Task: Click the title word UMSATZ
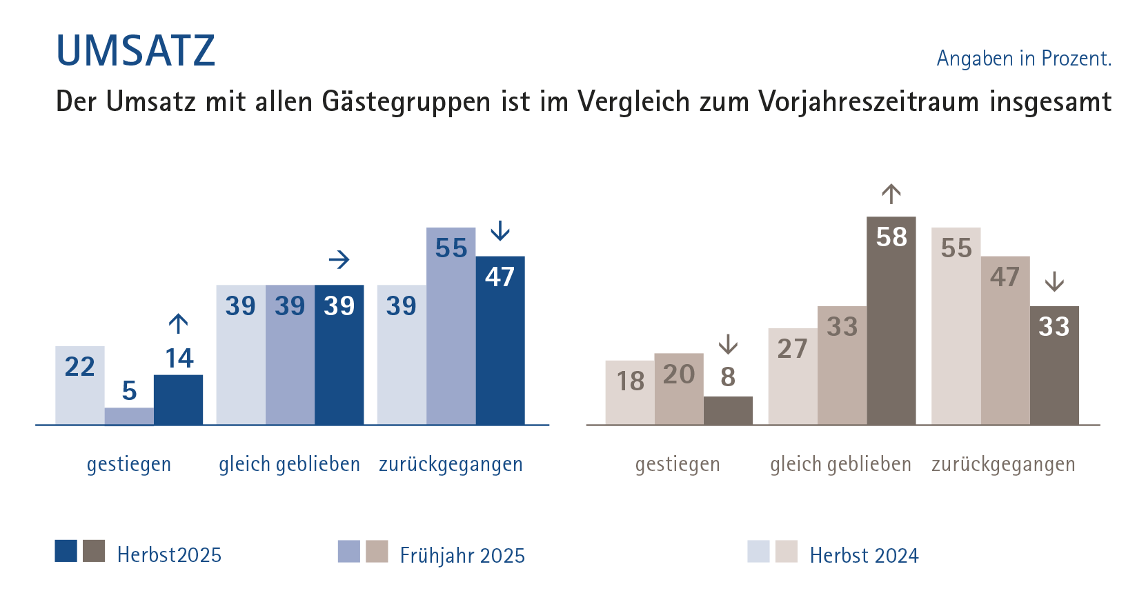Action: pyautogui.click(x=135, y=50)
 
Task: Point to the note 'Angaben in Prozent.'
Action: pyautogui.click(x=1023, y=59)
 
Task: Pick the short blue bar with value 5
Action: pyautogui.click(x=129, y=416)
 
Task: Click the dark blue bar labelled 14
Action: pyautogui.click(x=178, y=400)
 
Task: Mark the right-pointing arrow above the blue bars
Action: pyautogui.click(x=339, y=260)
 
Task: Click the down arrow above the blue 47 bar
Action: pyautogui.click(x=500, y=231)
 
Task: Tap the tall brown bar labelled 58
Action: pyautogui.click(x=891, y=321)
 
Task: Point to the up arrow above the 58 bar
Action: pyautogui.click(x=891, y=194)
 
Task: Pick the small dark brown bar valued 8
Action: pyautogui.click(x=728, y=410)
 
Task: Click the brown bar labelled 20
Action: pyautogui.click(x=679, y=389)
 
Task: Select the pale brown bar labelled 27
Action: pyautogui.click(x=792, y=377)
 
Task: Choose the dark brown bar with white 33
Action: pyautogui.click(x=1054, y=365)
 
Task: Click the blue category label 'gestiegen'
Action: pyautogui.click(x=129, y=464)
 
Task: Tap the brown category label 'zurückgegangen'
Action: pyautogui.click(x=1003, y=464)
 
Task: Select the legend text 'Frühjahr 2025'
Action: pyautogui.click(x=462, y=555)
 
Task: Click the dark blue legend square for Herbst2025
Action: pyautogui.click(x=66, y=551)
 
